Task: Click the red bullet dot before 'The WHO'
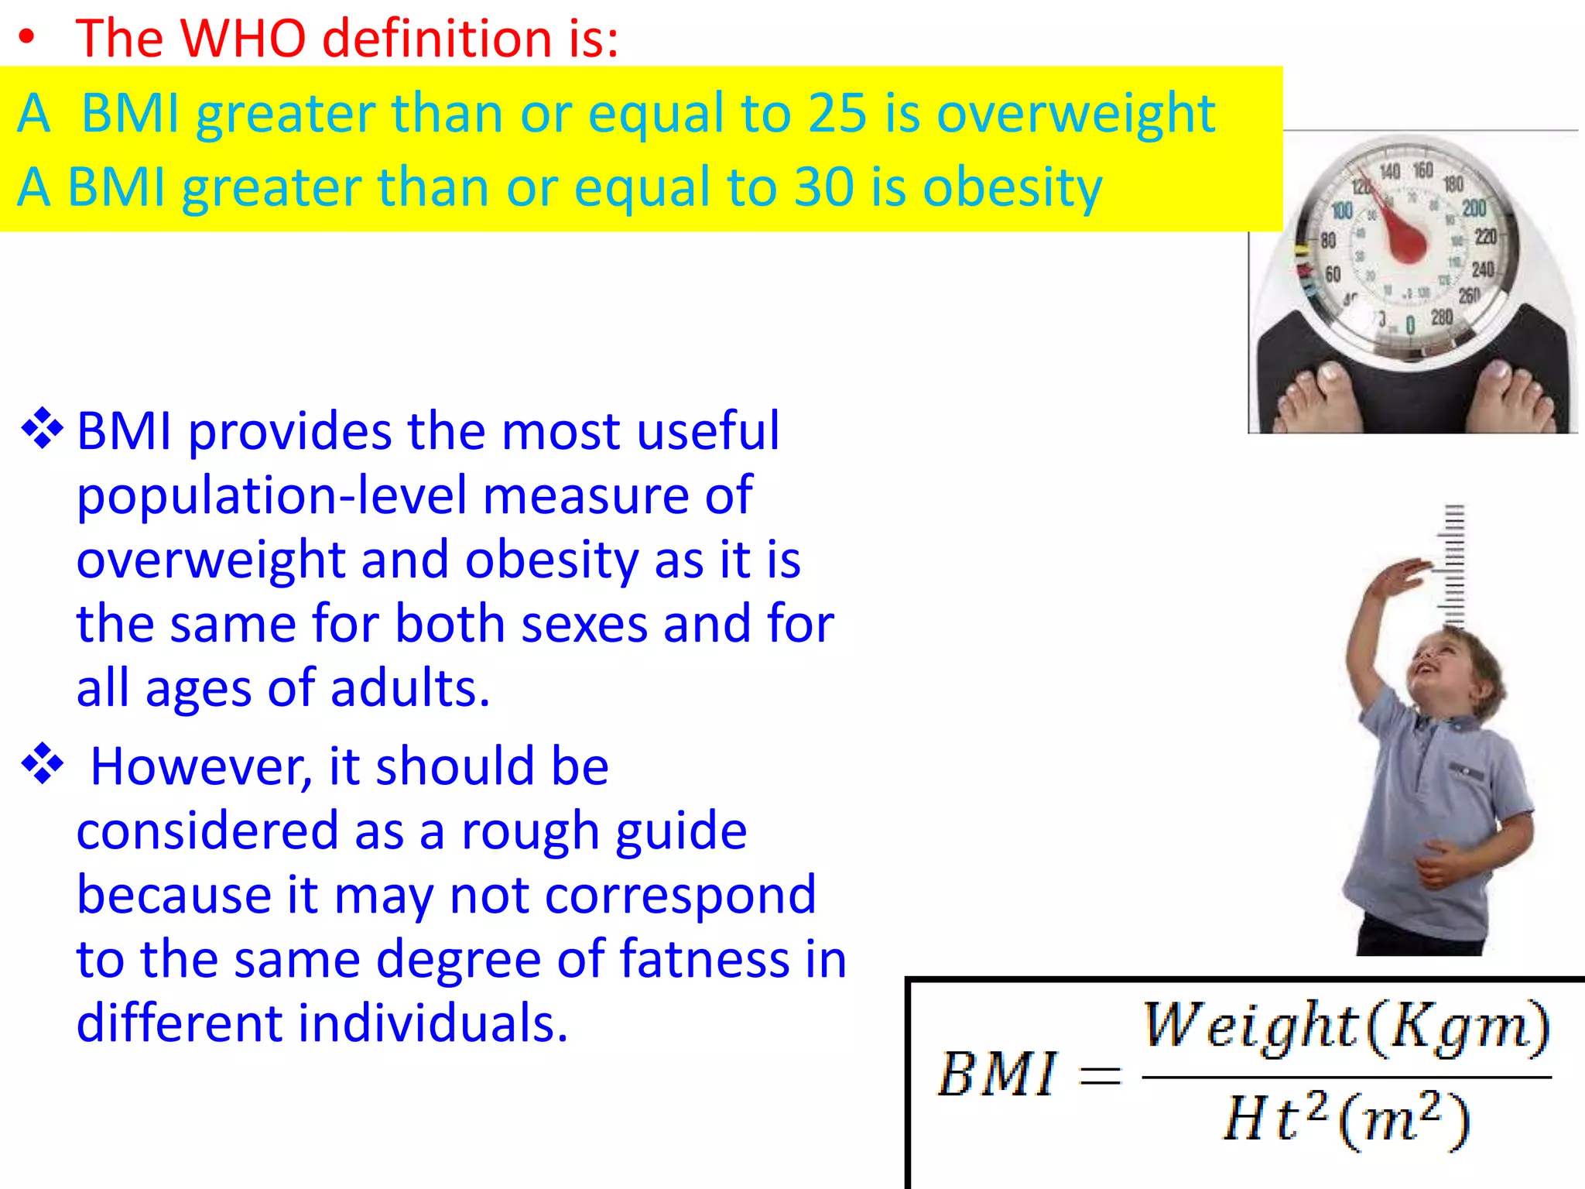pyautogui.click(x=27, y=38)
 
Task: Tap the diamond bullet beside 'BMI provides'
pyautogui.click(x=43, y=428)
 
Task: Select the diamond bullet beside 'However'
pyautogui.click(x=43, y=764)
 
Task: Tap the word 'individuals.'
pyautogui.click(x=433, y=1023)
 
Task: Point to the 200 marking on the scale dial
pyautogui.click(x=1474, y=208)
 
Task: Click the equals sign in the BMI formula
pyautogui.click(x=1100, y=1074)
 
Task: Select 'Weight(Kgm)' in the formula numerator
pyautogui.click(x=1347, y=1026)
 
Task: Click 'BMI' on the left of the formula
pyautogui.click(x=996, y=1074)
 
